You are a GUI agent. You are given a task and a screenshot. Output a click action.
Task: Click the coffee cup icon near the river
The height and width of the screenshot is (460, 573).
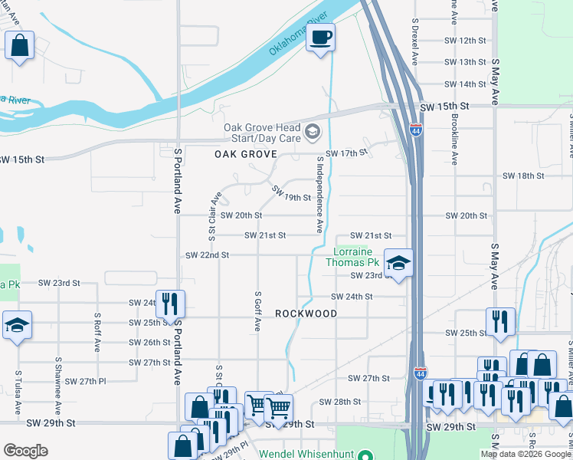[x=321, y=36]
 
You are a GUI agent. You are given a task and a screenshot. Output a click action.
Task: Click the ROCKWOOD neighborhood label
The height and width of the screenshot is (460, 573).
[x=306, y=314]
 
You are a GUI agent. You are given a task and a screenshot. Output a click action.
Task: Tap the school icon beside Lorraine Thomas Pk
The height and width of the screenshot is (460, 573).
[x=398, y=263]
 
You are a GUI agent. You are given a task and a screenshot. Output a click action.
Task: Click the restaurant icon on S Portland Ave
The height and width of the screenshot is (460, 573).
[x=170, y=304]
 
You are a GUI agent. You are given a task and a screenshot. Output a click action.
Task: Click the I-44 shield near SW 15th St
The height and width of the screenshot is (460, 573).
[x=415, y=130]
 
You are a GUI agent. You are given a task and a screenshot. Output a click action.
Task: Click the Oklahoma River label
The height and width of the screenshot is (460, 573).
[x=298, y=34]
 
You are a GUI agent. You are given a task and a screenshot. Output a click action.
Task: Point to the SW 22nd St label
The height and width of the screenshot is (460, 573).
[x=208, y=255]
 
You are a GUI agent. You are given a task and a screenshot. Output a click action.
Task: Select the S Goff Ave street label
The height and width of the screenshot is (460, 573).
[x=258, y=311]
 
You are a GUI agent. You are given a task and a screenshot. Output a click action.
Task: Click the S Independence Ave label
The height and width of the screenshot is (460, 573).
[x=319, y=195]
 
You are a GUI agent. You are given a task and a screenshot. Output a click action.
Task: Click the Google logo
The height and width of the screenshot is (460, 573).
[x=26, y=451]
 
